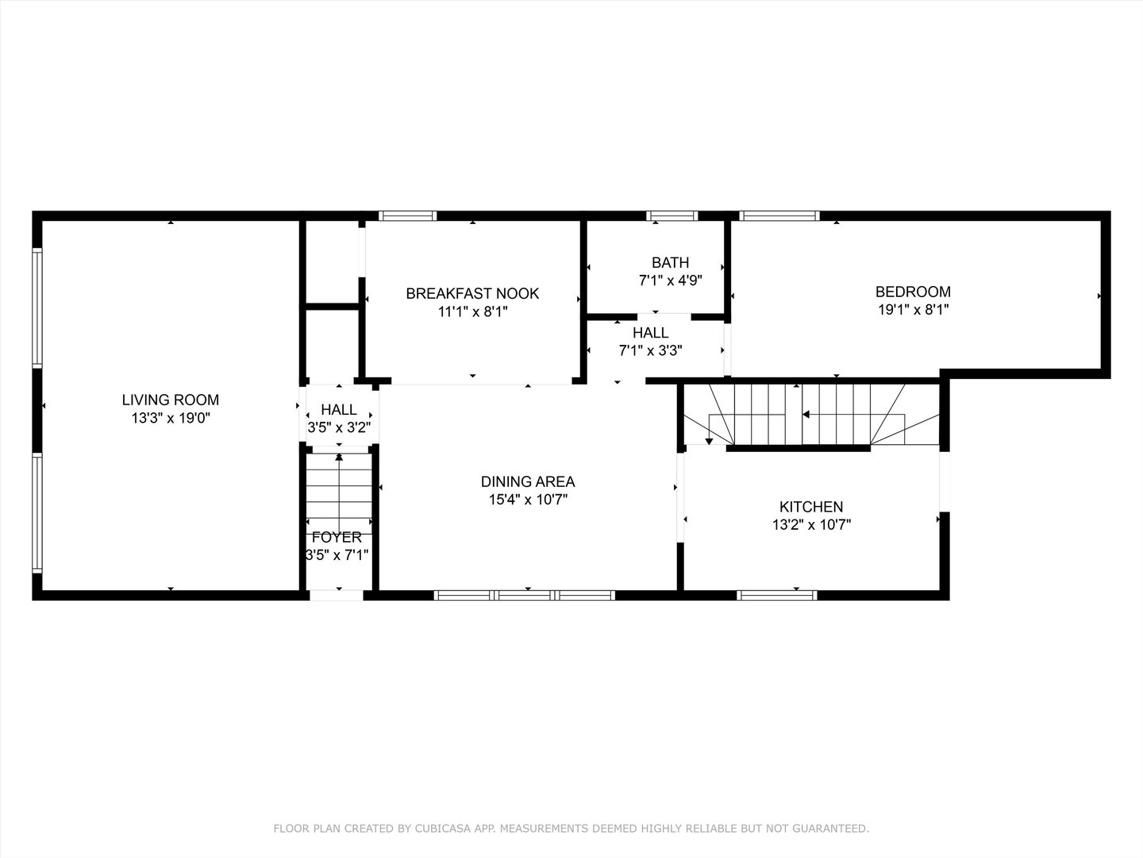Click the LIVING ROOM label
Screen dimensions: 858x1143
170,400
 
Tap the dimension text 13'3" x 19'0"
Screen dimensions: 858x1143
170,419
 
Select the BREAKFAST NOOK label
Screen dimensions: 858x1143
472,294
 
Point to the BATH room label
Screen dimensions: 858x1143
670,263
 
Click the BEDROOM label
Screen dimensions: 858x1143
913,292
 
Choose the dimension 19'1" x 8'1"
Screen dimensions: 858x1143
913,310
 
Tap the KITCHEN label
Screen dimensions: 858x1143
810,507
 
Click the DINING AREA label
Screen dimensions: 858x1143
528,481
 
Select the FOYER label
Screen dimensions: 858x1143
337,538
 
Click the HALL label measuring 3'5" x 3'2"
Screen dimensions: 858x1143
339,410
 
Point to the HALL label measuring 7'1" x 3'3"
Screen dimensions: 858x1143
650,333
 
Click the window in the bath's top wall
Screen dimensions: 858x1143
672,215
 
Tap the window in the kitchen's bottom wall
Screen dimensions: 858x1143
776,594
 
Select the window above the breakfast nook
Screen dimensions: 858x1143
407,215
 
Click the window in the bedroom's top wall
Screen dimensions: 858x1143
779,215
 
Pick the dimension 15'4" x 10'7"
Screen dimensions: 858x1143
528,500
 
